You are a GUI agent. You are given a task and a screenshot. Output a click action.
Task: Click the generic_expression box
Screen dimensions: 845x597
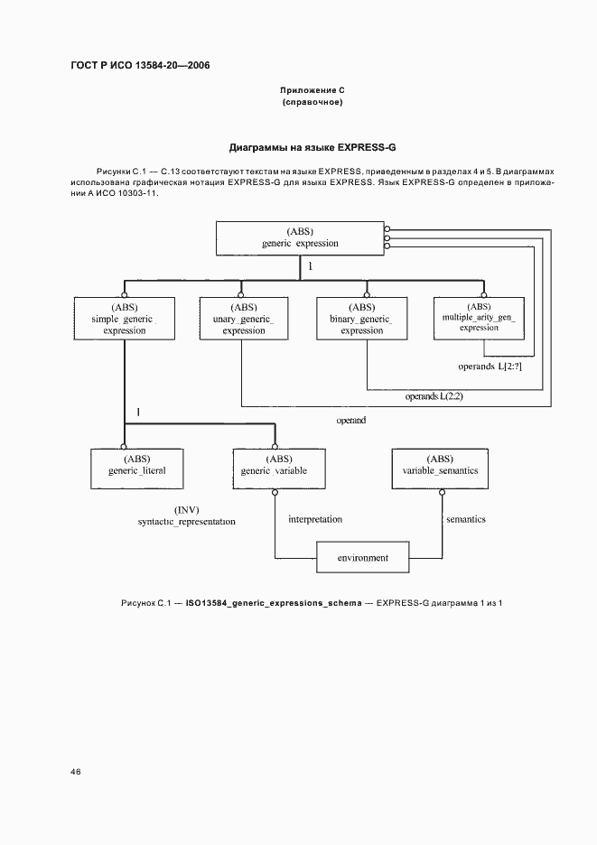(x=300, y=237)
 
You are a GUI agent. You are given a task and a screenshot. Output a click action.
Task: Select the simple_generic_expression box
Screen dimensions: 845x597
(x=124, y=318)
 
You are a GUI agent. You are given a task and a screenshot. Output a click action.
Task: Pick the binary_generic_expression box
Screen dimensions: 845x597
(x=366, y=318)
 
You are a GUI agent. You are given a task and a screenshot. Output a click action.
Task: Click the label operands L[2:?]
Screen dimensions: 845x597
(x=490, y=367)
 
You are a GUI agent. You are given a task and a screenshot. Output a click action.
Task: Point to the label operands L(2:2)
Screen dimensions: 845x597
(x=434, y=396)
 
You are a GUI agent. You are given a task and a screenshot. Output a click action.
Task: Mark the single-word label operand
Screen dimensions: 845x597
(x=350, y=421)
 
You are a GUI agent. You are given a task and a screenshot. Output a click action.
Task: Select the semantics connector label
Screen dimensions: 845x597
(x=467, y=519)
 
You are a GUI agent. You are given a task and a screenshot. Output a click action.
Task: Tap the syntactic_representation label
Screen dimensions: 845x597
(x=186, y=522)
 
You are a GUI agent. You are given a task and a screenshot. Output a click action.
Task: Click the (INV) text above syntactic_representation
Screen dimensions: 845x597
(x=186, y=509)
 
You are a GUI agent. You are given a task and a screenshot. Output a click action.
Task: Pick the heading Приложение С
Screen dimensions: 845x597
(x=312, y=91)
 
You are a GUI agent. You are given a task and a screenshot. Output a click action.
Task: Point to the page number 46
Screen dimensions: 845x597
(x=76, y=772)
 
